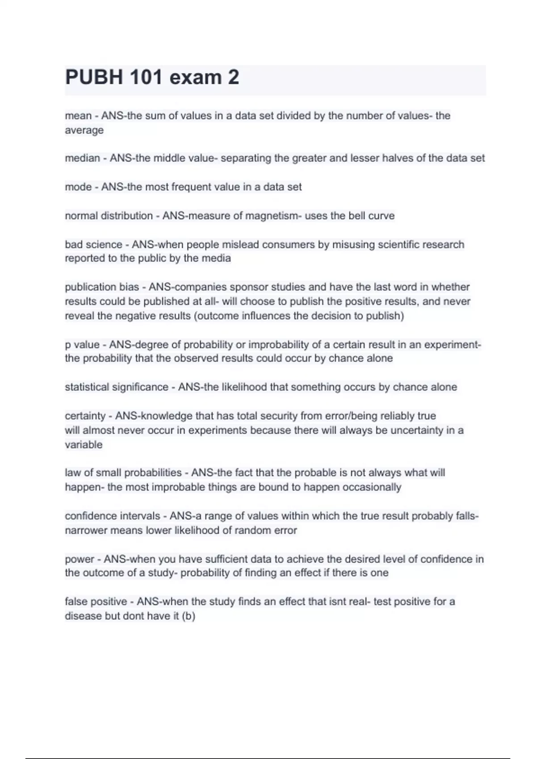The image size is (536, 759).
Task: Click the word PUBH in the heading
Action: coord(94,77)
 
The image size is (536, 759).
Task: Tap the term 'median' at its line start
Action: coord(82,158)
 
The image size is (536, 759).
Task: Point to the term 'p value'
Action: coord(82,345)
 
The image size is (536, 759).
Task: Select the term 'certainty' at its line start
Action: coord(85,416)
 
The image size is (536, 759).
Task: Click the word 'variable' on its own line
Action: coord(84,445)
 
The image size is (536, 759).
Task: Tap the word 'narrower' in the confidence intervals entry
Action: coord(86,530)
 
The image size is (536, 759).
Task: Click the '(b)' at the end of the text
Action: coord(188,616)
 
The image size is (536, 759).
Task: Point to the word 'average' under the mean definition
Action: coord(84,130)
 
